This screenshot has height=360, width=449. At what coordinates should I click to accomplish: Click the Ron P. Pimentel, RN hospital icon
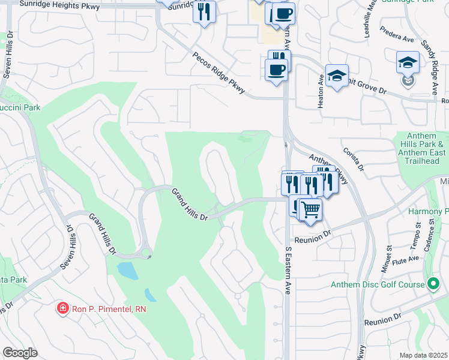pos(62,309)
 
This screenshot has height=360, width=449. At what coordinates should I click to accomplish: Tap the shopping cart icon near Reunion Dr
pos(310,210)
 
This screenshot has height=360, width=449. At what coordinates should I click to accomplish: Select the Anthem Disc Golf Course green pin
pos(433,284)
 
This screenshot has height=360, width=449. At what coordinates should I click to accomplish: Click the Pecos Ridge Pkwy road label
pos(219,73)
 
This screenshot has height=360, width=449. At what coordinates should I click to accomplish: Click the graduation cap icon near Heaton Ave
pos(337,76)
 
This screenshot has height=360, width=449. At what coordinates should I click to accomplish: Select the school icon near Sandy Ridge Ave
pos(408,62)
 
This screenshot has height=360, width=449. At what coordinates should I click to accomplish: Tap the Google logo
pos(20,353)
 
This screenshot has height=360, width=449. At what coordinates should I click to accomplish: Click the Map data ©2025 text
pos(423,355)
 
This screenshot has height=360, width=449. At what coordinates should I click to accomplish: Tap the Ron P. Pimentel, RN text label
pos(109,309)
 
